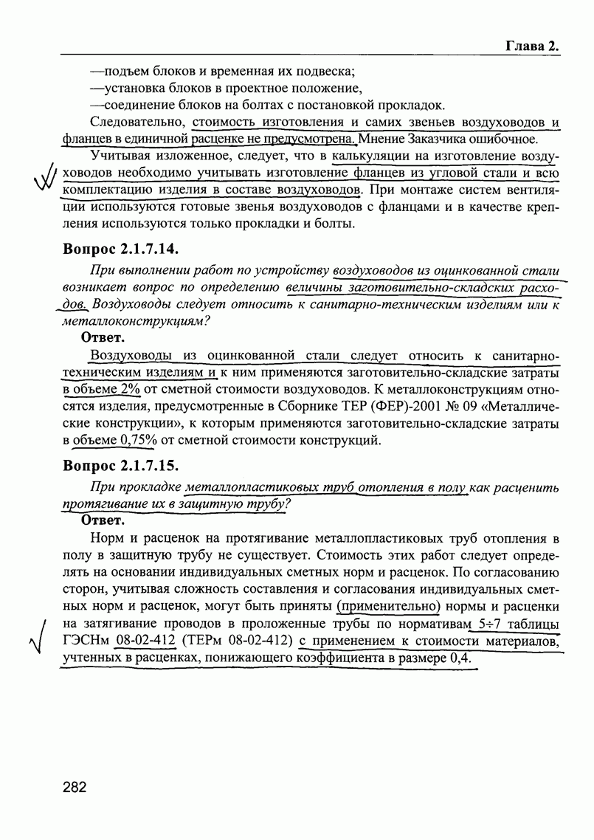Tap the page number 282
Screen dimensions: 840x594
pyautogui.click(x=75, y=787)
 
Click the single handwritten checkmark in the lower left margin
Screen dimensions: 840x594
pyautogui.click(x=37, y=642)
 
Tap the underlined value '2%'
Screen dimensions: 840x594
pyautogui.click(x=128, y=389)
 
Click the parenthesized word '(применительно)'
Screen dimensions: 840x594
pyautogui.click(x=388, y=607)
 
